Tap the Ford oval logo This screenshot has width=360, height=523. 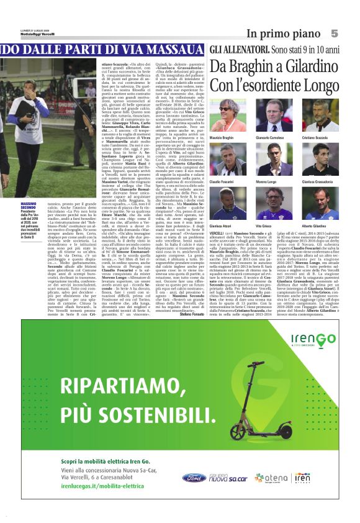click(194, 477)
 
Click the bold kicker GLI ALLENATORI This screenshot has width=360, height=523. click(238, 48)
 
